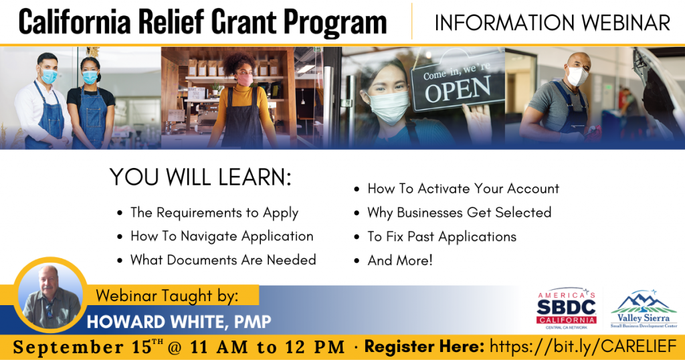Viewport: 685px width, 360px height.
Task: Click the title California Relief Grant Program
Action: click(203, 22)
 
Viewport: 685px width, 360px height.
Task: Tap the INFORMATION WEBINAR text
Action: click(552, 23)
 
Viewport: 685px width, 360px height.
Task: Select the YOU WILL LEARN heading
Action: click(201, 177)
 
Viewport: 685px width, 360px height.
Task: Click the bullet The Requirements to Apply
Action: click(214, 213)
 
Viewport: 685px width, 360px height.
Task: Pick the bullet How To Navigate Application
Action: click(221, 236)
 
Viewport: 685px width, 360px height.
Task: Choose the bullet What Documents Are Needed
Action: click(223, 260)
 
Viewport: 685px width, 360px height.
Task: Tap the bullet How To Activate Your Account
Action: click(463, 189)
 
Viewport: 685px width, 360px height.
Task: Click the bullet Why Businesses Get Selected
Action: click(459, 213)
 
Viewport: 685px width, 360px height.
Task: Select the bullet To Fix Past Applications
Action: click(442, 236)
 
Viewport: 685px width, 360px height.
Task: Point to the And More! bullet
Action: click(400, 260)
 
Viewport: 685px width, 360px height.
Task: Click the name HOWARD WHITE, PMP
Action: click(179, 322)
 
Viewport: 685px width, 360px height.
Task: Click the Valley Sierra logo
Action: click(644, 310)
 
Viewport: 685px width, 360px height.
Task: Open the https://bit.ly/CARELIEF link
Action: click(583, 347)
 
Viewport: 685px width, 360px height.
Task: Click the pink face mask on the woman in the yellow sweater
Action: click(246, 80)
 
